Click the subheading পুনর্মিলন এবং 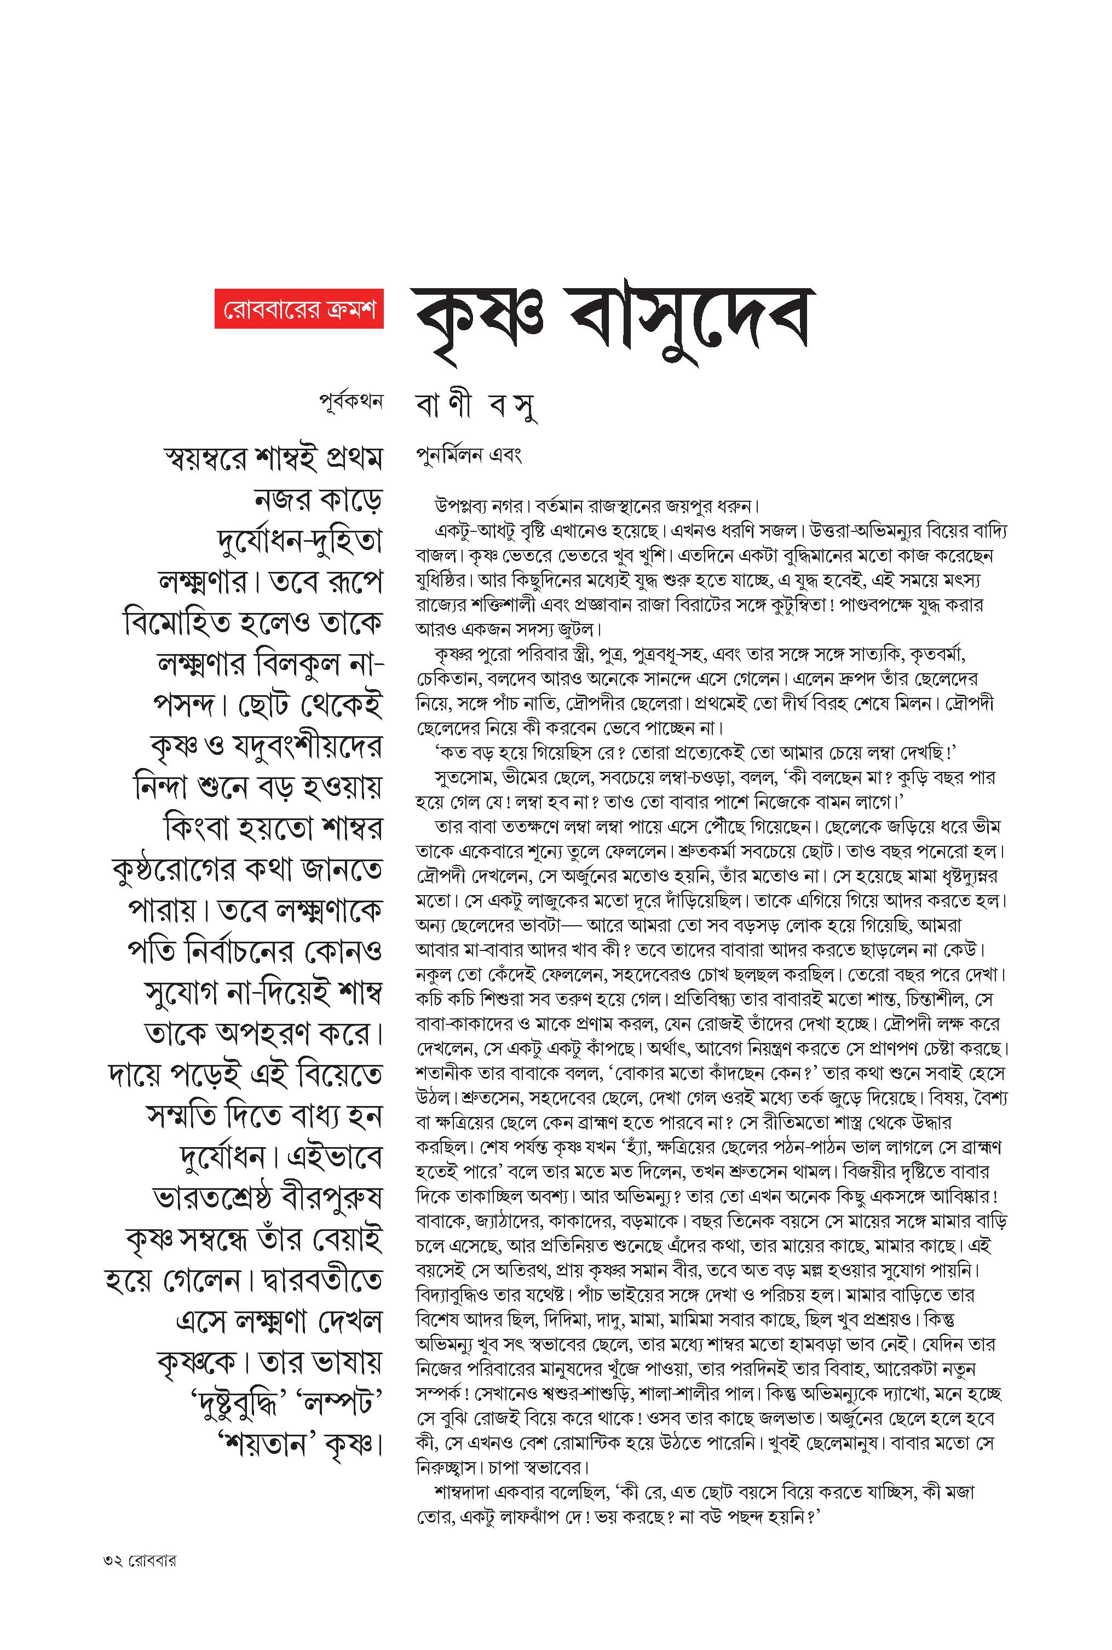tap(469, 456)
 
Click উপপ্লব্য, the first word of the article tap(459, 507)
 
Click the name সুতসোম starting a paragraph tap(462, 777)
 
